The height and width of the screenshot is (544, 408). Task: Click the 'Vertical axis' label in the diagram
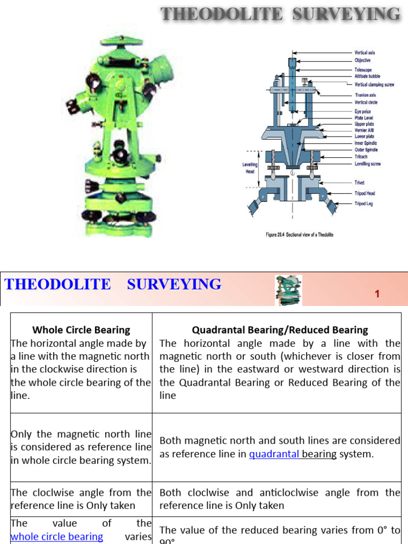[364, 53]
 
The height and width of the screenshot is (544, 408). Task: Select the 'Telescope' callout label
[363, 70]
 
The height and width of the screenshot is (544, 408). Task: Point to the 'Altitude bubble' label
[367, 76]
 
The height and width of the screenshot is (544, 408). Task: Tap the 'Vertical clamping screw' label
[374, 84]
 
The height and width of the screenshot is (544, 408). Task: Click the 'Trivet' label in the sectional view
[360, 183]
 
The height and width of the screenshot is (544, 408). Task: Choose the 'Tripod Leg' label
[363, 203]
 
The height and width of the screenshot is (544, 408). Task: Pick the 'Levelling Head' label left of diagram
[249, 168]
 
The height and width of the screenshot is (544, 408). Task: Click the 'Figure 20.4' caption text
[299, 234]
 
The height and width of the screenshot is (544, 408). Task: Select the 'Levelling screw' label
[367, 164]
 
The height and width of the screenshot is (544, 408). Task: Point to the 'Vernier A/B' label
[364, 130]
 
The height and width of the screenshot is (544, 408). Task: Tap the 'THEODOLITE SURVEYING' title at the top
[280, 14]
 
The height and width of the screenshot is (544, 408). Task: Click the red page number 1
[377, 294]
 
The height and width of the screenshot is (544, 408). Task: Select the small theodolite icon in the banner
[288, 290]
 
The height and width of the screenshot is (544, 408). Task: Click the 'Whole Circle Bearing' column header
[81, 330]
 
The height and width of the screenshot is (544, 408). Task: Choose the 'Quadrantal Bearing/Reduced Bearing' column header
[280, 330]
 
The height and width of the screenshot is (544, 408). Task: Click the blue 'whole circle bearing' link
[57, 537]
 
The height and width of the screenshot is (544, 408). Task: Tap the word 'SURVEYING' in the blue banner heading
[174, 284]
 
